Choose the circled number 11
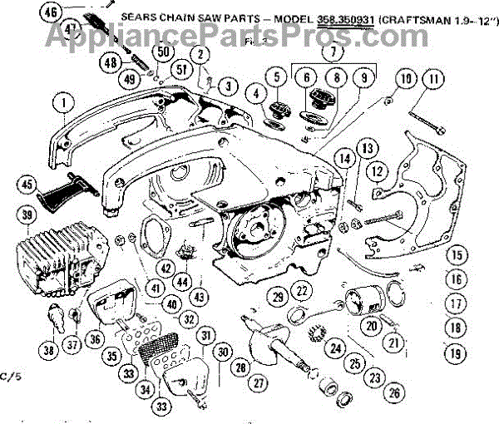(432, 80)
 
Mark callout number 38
(49, 351)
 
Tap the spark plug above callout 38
(57, 317)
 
